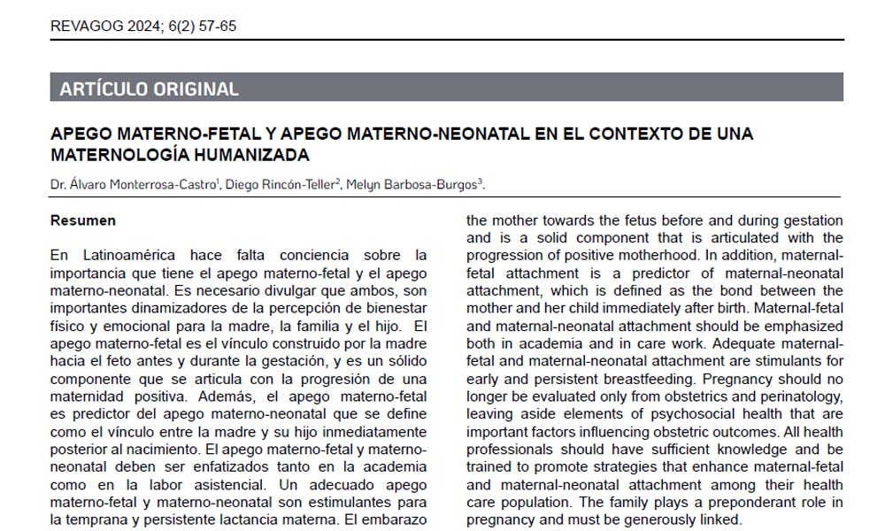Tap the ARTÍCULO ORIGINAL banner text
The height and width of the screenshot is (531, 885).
coord(149,88)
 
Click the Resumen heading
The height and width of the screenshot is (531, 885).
coord(83,219)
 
